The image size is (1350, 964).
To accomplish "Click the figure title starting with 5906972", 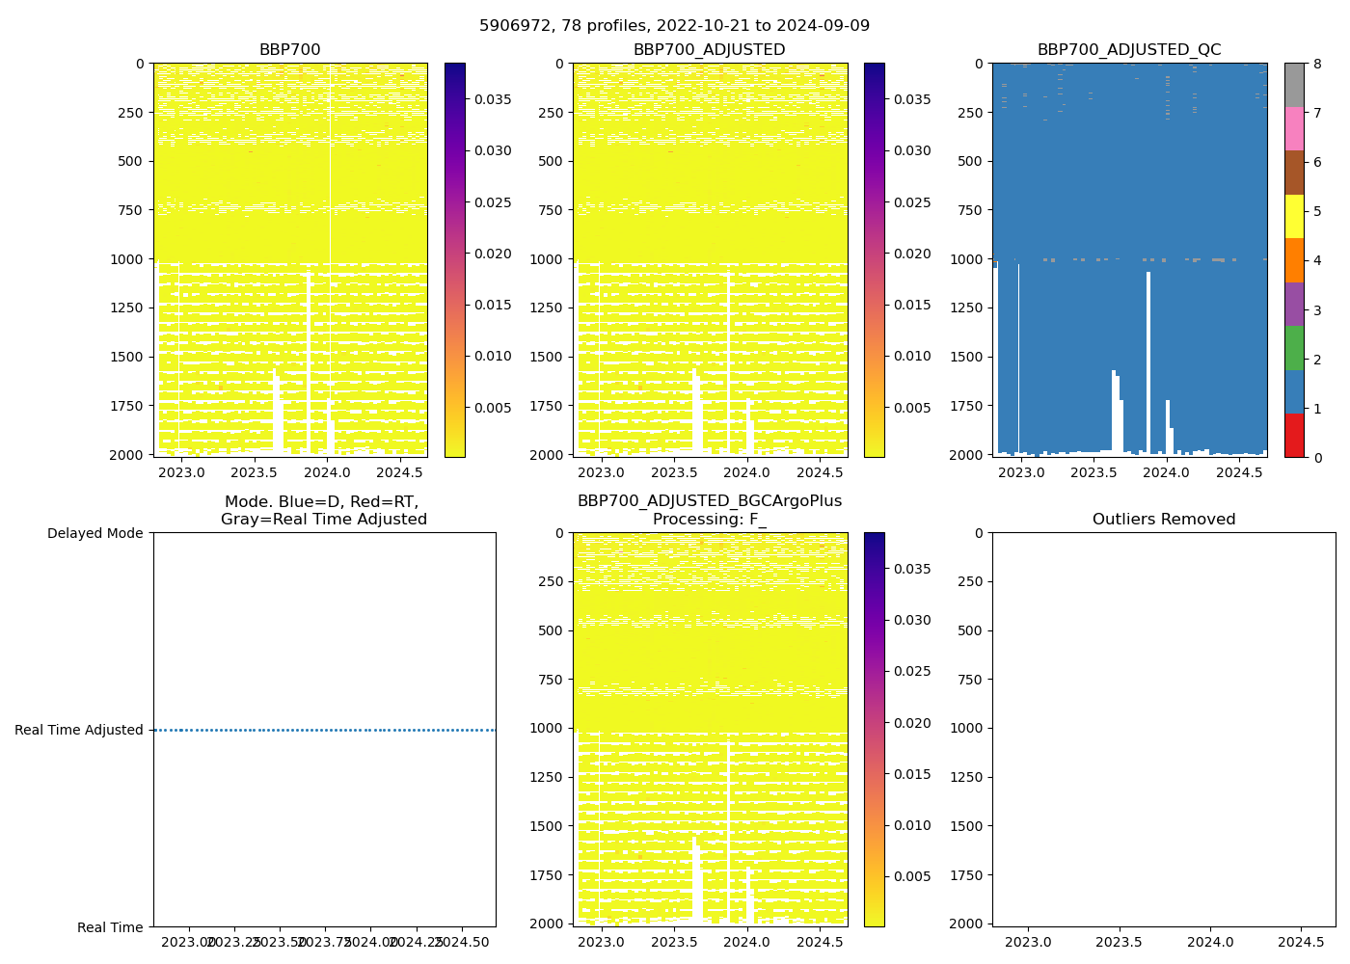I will pos(674,26).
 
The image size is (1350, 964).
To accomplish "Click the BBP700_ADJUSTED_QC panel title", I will pos(1129,50).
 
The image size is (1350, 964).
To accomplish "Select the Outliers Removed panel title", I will pos(1163,520).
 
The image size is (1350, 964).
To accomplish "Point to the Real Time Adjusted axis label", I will pos(78,730).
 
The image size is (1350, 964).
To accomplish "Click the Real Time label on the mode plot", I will pos(110,927).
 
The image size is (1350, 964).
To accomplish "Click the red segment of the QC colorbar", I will pos(1294,435).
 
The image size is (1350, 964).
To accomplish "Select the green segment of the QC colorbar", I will pos(1294,347).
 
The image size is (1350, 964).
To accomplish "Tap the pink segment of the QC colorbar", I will pos(1294,128).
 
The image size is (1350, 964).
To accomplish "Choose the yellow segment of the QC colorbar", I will pos(1294,216).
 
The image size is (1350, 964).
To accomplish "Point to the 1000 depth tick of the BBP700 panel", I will pos(127,259).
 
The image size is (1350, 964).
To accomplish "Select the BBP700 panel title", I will pos(289,50).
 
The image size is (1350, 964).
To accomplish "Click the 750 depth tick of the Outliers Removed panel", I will pos(970,680).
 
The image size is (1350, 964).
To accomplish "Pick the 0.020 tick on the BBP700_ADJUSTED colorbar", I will pos(911,254).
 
